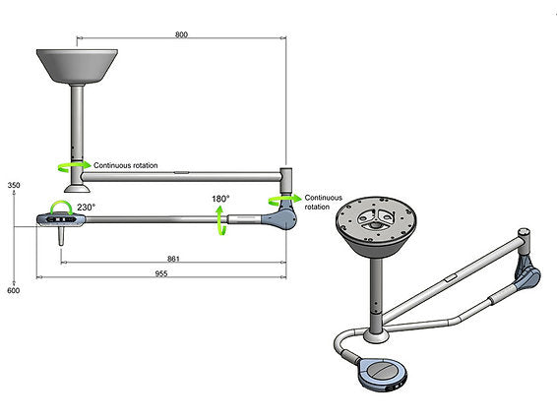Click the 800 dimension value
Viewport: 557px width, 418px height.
point(181,34)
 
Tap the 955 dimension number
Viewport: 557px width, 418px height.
point(160,274)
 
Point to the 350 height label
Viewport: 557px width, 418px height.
point(14,185)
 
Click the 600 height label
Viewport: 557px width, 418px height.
point(14,290)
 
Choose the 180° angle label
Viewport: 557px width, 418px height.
point(221,199)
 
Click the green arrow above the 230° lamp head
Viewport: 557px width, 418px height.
point(60,205)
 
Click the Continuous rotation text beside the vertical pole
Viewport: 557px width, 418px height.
point(125,165)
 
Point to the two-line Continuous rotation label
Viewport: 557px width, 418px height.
point(324,202)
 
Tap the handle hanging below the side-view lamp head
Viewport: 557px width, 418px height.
point(61,237)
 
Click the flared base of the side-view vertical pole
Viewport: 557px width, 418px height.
point(76,184)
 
